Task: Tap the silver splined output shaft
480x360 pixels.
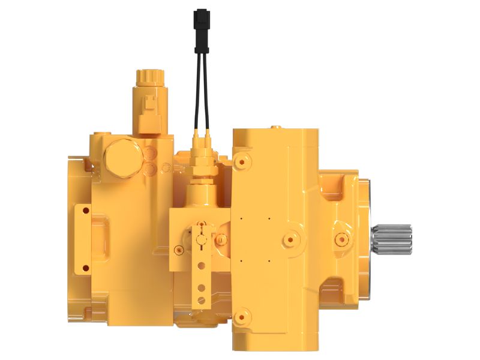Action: [x=392, y=238]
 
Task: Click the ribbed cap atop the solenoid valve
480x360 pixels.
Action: [x=150, y=78]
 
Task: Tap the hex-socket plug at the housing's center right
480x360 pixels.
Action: [x=291, y=238]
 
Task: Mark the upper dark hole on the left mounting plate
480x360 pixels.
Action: [x=85, y=210]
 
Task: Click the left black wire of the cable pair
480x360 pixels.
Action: [x=196, y=84]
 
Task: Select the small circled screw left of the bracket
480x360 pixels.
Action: [x=178, y=249]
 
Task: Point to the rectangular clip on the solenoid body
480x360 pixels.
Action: [x=148, y=108]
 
